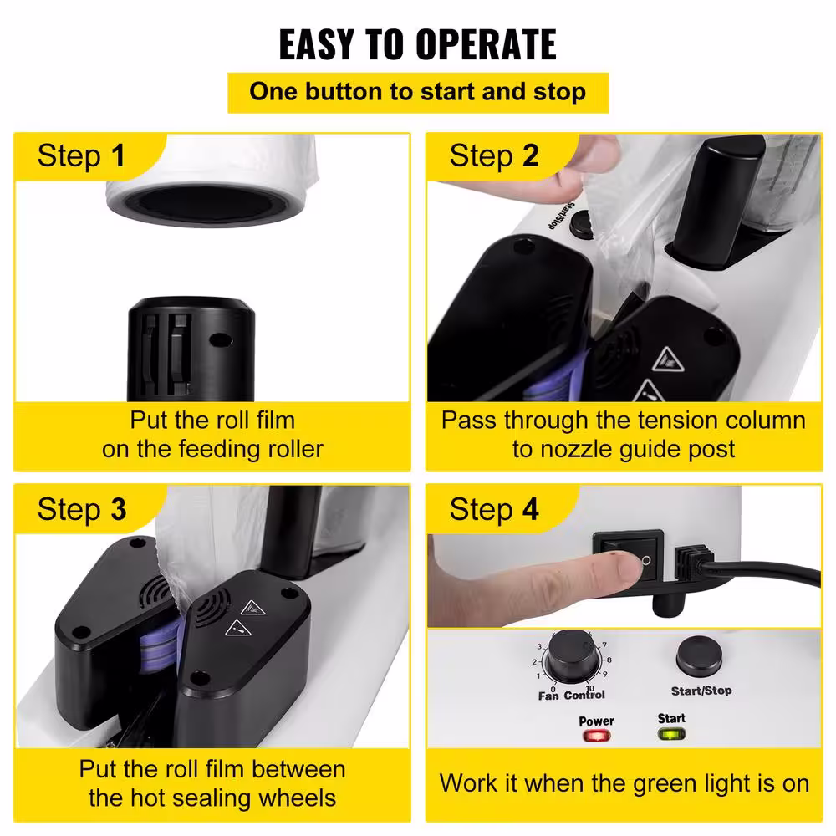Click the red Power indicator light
point(596,737)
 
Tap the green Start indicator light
point(672,734)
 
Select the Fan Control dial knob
point(571,655)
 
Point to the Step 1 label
point(81,155)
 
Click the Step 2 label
point(494,155)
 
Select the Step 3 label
point(82,509)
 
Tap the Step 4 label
point(494,509)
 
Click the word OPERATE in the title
point(487,44)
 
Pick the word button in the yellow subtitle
point(344,92)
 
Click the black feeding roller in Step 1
point(191,349)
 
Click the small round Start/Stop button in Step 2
point(581,225)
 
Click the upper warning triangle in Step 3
point(253,607)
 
